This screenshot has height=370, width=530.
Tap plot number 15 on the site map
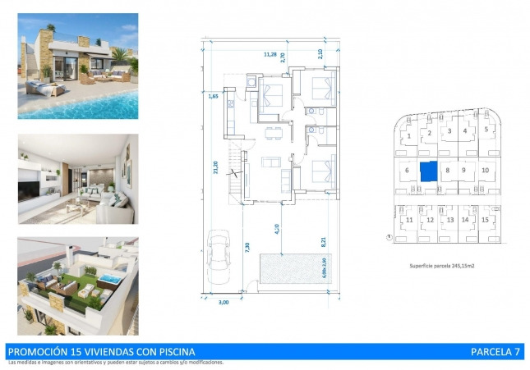point(486,219)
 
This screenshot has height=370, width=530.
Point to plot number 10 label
point(486,170)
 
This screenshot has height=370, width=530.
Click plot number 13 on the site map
point(449,220)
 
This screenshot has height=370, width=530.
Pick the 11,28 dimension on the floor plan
point(269,54)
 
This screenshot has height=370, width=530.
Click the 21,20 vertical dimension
point(215,167)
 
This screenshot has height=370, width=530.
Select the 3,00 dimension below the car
point(224,303)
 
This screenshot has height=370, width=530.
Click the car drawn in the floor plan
point(220,254)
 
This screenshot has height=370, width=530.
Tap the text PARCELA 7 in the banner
point(495,352)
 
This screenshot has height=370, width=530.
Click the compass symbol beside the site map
point(388,238)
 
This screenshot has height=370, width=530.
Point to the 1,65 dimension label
point(212,97)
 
